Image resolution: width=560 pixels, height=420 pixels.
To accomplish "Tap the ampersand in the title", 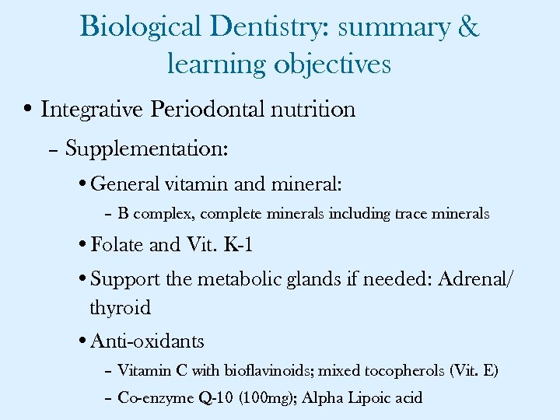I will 469,27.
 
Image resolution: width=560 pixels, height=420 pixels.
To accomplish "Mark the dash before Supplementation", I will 53,149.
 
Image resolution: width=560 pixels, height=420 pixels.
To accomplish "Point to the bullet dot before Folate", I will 83,246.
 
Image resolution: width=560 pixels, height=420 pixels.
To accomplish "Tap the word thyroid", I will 120,308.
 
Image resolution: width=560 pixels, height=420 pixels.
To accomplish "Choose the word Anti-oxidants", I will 147,341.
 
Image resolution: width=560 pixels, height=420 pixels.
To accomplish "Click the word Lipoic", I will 367,398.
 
